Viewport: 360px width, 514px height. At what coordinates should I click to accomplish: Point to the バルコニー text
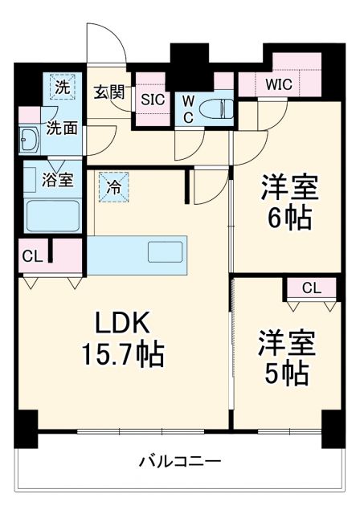click(x=181, y=462)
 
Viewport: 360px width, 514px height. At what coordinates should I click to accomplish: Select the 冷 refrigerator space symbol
click(x=113, y=190)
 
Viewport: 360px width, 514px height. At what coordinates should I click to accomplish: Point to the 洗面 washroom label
click(x=60, y=126)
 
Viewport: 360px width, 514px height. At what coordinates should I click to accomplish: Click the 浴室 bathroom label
click(x=55, y=181)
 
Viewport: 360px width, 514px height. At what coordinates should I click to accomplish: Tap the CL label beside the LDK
click(x=32, y=257)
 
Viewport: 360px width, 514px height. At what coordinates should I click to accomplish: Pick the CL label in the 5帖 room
click(x=310, y=288)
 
